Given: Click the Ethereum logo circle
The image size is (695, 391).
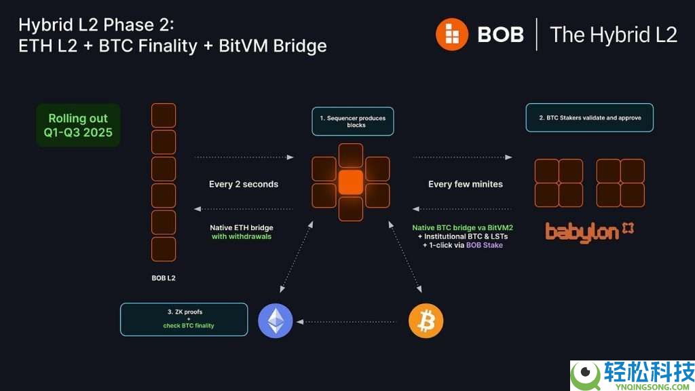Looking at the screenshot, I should (276, 320).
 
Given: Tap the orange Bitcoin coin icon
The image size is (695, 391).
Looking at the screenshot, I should (426, 320).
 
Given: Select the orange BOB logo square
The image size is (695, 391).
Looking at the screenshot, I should (453, 35).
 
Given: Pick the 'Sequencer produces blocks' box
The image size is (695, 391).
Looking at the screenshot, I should (352, 122).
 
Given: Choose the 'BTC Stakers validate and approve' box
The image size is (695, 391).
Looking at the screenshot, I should (589, 117).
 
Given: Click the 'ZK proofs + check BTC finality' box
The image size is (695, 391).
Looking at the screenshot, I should (184, 319).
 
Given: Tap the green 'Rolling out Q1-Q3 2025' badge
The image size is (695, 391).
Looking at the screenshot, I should (78, 126).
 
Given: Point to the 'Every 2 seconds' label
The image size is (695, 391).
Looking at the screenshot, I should (244, 184).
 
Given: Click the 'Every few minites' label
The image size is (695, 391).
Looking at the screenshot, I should (466, 184).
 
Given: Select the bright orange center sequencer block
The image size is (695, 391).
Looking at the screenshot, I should (351, 182).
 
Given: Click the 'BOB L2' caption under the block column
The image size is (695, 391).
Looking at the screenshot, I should (164, 278).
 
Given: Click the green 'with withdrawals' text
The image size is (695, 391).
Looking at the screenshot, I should (242, 237).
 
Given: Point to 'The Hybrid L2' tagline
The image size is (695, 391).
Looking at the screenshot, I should (613, 35).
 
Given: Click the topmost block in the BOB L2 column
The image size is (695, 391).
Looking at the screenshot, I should (164, 115).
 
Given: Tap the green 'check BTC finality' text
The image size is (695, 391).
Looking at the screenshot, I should (189, 326).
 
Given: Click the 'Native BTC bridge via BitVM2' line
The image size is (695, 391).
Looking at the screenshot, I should (462, 229).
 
